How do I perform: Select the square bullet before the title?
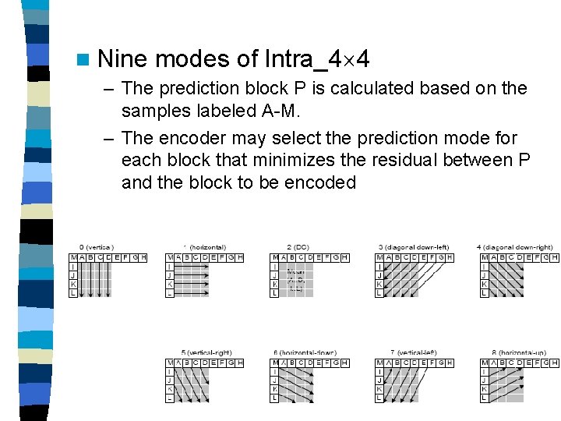click(83, 60)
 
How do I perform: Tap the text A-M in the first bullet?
click(280, 111)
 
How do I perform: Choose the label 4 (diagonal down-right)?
click(519, 247)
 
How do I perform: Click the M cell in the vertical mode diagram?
click(73, 257)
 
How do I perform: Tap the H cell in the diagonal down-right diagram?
click(555, 257)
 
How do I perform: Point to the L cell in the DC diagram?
click(274, 293)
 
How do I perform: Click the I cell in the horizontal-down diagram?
click(274, 373)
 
